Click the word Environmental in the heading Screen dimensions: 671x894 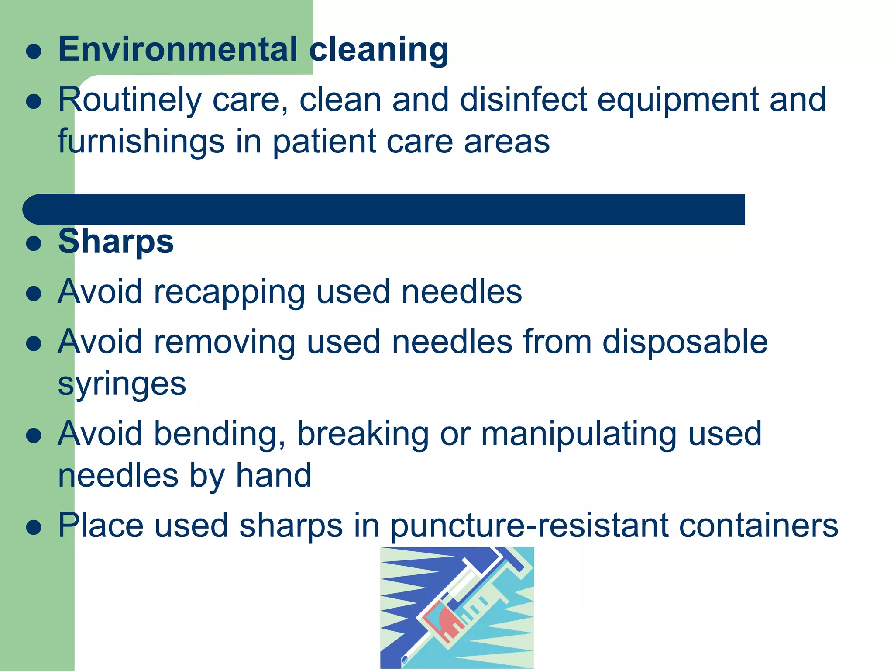coord(178,49)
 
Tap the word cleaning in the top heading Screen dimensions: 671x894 coord(378,50)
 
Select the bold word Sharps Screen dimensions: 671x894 coord(116,241)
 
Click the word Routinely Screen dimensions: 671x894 coord(130,100)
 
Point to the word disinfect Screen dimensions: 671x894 coord(523,99)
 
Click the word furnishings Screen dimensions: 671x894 coord(141,142)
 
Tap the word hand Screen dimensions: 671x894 coord(274,475)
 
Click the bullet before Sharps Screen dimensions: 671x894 coord(34,243)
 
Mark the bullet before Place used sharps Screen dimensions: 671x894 coord(34,526)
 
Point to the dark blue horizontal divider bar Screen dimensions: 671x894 coord(384,209)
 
